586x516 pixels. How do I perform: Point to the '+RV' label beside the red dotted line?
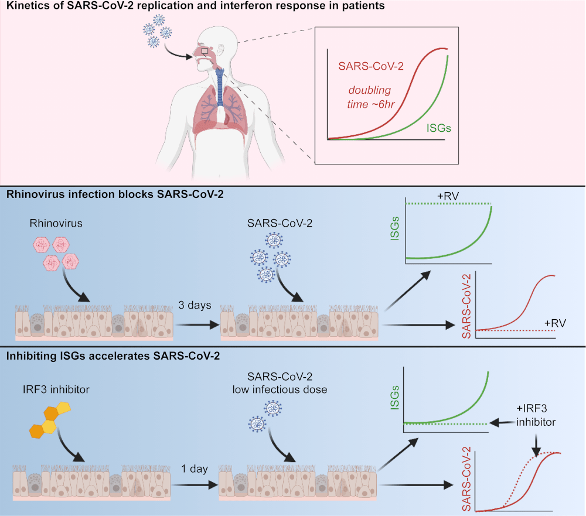tap(554, 323)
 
